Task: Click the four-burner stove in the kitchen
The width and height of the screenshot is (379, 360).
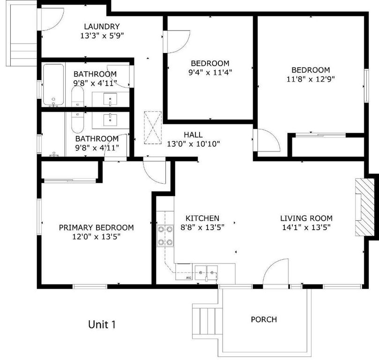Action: (x=165, y=236)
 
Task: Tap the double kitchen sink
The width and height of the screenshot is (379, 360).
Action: (x=206, y=271)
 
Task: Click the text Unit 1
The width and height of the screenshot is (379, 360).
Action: (x=102, y=324)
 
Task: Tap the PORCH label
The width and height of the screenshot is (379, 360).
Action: (x=264, y=320)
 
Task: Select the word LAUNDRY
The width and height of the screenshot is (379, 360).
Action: (x=102, y=27)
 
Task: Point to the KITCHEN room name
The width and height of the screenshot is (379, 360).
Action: (x=202, y=218)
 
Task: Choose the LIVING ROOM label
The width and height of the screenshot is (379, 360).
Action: (x=306, y=218)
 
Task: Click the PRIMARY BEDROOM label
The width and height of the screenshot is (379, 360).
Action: (x=96, y=228)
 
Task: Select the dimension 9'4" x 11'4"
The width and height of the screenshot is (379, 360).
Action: (x=210, y=72)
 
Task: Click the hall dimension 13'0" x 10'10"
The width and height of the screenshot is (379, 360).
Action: (x=193, y=144)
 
